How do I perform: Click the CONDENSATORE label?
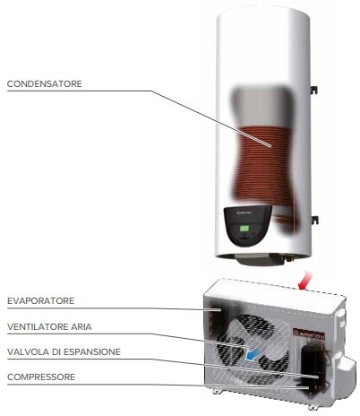click(45, 84)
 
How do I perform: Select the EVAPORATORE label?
click(41, 301)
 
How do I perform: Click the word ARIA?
click(81, 327)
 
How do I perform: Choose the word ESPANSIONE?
click(92, 352)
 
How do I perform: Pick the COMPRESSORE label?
click(41, 377)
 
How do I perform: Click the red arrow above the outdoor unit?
click(305, 281)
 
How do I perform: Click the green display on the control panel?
click(244, 230)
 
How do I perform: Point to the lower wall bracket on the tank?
click(314, 220)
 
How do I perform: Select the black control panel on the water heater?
click(247, 226)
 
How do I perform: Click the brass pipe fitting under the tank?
click(288, 257)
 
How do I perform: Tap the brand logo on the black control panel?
click(244, 213)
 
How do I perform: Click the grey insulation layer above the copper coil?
click(259, 106)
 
